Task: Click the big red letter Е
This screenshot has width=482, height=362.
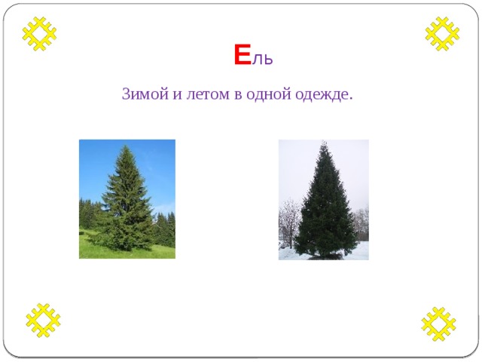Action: point(243,55)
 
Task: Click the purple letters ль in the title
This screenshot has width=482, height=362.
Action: point(263,59)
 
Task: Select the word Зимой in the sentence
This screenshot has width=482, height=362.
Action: point(145,94)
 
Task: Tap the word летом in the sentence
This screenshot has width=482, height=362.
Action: point(208,94)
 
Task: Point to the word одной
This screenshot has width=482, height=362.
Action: point(269,94)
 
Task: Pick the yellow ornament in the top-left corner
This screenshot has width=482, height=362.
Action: point(39,33)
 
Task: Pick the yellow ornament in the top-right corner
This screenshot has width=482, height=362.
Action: point(442,33)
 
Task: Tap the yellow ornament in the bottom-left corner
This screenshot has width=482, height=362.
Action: point(43,321)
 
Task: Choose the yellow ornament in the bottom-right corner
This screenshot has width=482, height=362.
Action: point(438,324)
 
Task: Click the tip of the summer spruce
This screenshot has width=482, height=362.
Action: point(125,146)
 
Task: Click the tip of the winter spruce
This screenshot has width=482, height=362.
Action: point(324,141)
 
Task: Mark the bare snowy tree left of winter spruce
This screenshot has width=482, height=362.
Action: point(288,222)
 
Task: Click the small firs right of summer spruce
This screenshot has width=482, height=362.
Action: point(163,229)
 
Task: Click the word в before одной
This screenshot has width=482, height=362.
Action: point(238,95)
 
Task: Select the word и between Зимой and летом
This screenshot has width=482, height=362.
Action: point(178,95)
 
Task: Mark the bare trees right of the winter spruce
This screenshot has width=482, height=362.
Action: point(360,224)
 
